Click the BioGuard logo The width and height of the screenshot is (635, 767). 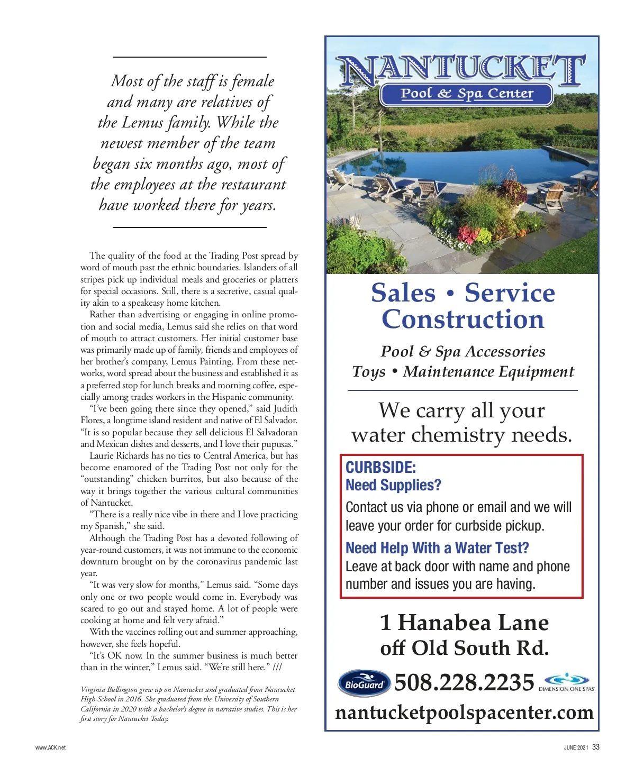(x=364, y=684)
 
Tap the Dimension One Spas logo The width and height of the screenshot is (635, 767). (x=567, y=681)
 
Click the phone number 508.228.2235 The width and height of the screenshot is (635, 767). (x=464, y=682)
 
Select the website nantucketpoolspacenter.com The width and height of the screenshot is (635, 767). (x=464, y=713)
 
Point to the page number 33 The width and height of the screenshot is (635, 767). (x=596, y=747)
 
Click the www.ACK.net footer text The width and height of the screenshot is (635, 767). (x=51, y=747)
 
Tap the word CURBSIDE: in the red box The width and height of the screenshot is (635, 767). (x=380, y=468)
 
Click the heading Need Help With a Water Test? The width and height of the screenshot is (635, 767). (x=437, y=548)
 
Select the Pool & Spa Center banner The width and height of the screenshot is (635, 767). (x=466, y=94)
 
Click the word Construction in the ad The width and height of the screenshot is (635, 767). (x=462, y=320)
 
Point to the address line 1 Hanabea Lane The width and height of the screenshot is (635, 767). (x=464, y=623)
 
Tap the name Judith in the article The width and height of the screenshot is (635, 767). (x=285, y=408)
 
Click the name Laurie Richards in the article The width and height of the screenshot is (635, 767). (x=119, y=455)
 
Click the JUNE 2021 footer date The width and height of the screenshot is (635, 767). (x=576, y=747)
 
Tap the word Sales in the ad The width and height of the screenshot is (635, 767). (x=403, y=293)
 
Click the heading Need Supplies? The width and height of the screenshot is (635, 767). (x=393, y=485)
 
